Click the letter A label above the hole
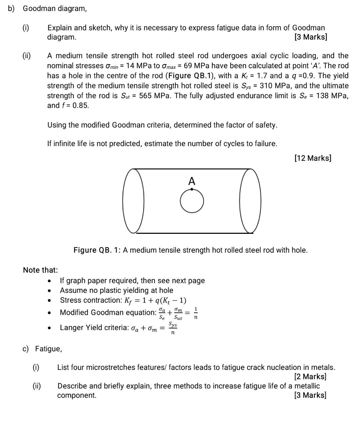(192, 181)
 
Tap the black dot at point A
(192, 190)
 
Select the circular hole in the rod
(192, 201)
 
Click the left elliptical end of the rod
(133, 201)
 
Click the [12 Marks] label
(313, 158)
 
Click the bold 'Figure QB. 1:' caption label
(97, 250)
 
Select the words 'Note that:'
(40, 270)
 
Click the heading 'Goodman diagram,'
(55, 9)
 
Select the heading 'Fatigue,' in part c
(49, 349)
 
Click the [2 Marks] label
(310, 377)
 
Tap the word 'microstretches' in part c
(116, 367)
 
